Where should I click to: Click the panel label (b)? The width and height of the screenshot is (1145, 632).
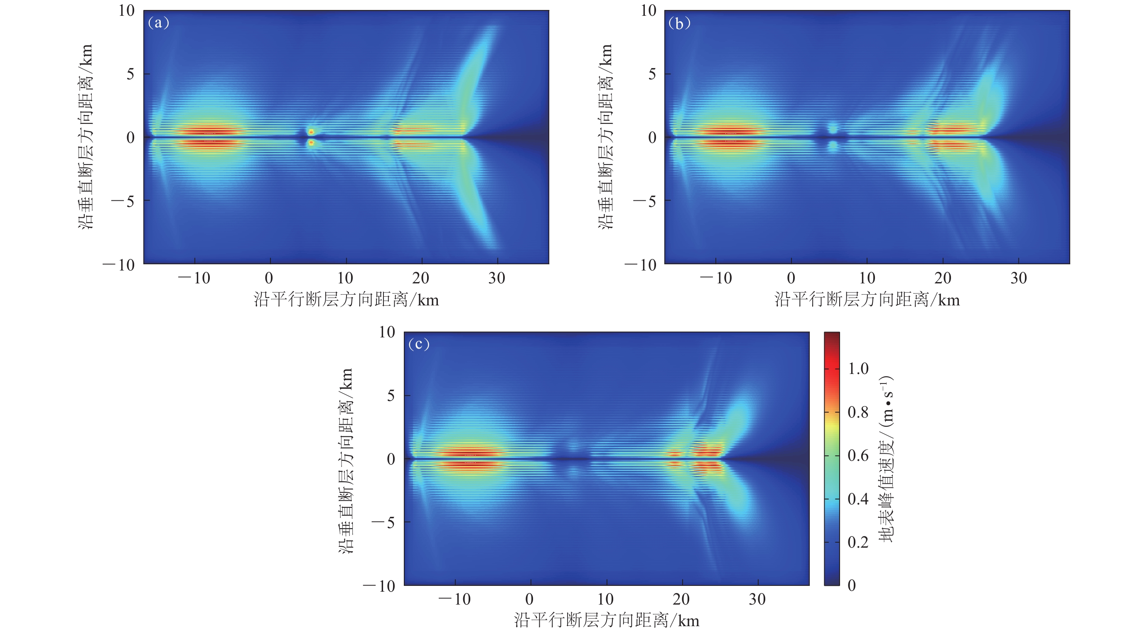(679, 23)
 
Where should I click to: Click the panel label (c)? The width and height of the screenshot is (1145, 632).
(419, 344)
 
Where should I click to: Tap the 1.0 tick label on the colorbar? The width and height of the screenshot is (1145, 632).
(858, 369)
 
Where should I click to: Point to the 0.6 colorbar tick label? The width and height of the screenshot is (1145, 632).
(858, 455)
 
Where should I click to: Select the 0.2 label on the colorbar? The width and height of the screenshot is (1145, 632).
(858, 542)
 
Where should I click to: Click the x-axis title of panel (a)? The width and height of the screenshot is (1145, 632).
(346, 300)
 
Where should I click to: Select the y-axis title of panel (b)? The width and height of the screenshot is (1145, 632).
(605, 136)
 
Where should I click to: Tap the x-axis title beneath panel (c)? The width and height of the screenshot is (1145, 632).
(606, 620)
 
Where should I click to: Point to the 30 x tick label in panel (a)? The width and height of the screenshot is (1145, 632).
(497, 278)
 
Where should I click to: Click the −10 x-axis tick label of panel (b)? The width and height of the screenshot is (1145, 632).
(715, 278)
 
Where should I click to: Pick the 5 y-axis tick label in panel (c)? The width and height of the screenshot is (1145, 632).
(391, 395)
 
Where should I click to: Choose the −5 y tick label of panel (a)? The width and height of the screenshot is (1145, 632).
(123, 202)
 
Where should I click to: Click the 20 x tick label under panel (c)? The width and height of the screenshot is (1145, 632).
(681, 599)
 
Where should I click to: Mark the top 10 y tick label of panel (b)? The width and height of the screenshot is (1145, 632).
(648, 10)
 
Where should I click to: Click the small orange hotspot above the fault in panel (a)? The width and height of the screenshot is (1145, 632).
(311, 132)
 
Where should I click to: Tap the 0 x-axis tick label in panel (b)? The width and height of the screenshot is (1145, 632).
(791, 278)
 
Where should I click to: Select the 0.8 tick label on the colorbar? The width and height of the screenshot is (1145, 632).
(858, 412)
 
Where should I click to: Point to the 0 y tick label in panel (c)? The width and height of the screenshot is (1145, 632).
(391, 459)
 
